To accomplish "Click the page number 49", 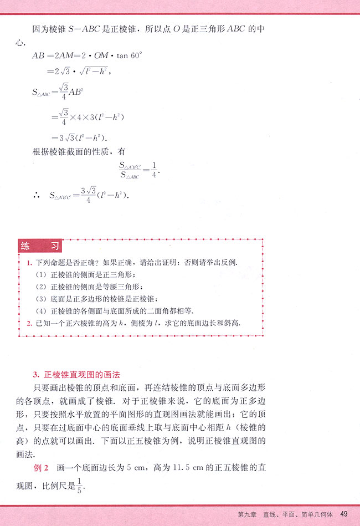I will (x=344, y=514).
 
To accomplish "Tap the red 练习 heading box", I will (x=39, y=246).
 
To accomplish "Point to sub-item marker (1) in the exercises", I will (x=40, y=274).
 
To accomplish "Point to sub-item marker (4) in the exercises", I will (x=40, y=310).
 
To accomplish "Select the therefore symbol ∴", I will (x=36, y=195).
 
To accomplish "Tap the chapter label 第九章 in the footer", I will (x=246, y=515).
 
